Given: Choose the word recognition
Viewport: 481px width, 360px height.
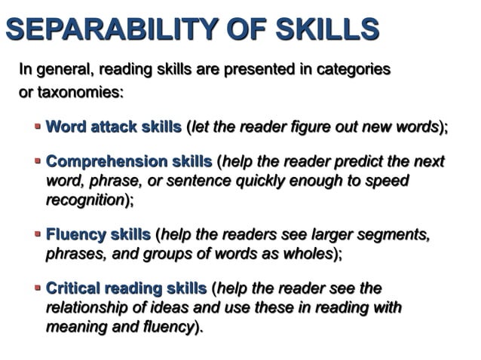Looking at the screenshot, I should pyautogui.click(x=84, y=200).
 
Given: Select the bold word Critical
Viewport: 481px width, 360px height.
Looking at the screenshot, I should pyautogui.click(x=73, y=289).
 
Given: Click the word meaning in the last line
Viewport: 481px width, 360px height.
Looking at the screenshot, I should pyautogui.click(x=75, y=327).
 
